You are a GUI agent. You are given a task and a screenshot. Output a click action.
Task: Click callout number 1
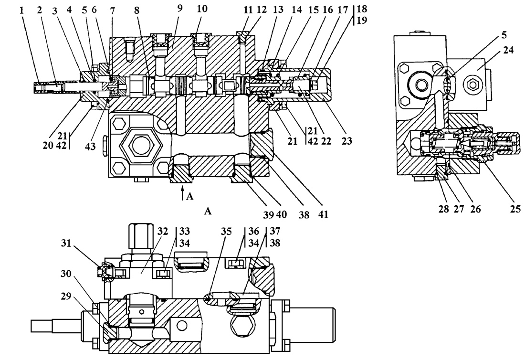[22, 10]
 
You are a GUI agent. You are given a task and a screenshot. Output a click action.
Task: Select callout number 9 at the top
[180, 9]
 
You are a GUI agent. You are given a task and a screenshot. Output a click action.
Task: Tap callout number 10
[202, 9]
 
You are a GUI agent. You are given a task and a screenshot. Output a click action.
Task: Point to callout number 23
[347, 141]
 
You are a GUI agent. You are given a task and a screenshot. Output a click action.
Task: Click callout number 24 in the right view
[508, 50]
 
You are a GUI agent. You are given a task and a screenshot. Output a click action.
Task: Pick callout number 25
[515, 209]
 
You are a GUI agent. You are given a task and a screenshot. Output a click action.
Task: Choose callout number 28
[444, 209]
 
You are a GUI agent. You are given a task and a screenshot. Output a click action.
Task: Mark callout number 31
[66, 243]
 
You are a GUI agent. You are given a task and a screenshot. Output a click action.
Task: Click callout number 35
[226, 232]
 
